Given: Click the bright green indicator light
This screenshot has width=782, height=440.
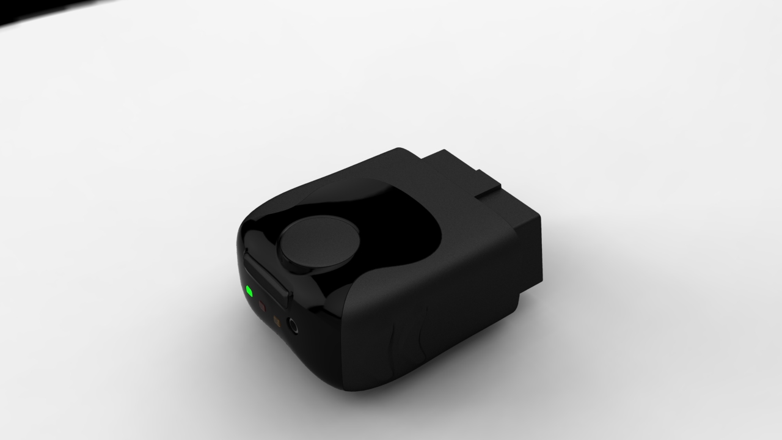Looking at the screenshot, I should pos(249,290).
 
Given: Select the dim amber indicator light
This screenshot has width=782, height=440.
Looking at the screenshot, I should pos(276,320).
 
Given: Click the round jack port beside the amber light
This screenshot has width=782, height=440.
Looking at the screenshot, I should pos(293,326).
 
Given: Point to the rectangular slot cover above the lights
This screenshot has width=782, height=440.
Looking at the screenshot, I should pos(267,278).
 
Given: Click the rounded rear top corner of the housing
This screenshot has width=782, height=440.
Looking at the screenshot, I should pos(400,153).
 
